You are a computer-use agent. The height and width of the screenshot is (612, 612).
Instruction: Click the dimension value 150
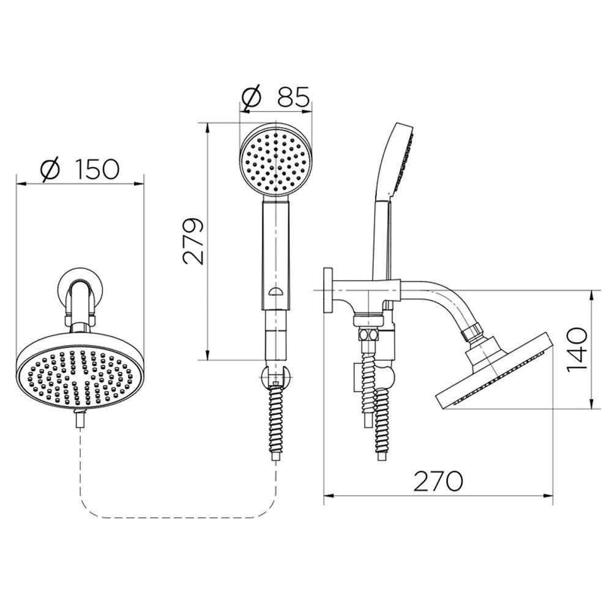pos(97,169)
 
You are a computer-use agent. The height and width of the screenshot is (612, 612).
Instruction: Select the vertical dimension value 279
pos(194,241)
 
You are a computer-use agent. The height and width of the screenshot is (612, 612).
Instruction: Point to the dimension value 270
pos(438,481)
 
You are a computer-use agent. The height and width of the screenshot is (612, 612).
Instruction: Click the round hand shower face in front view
pos(277,159)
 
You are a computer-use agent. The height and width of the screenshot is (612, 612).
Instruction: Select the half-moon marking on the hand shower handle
pos(276,292)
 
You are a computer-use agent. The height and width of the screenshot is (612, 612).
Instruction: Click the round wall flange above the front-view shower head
pos(80,288)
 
